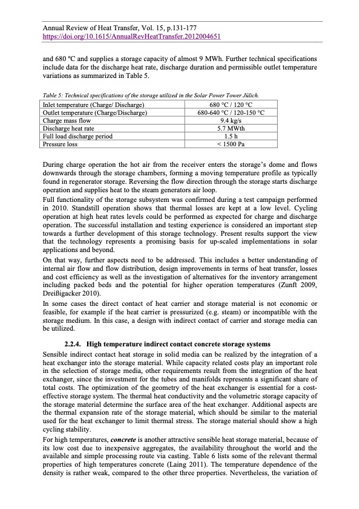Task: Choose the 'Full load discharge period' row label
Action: [x=77, y=136]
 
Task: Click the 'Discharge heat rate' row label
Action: [x=68, y=128]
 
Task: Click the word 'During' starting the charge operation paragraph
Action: [x=52, y=164]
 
